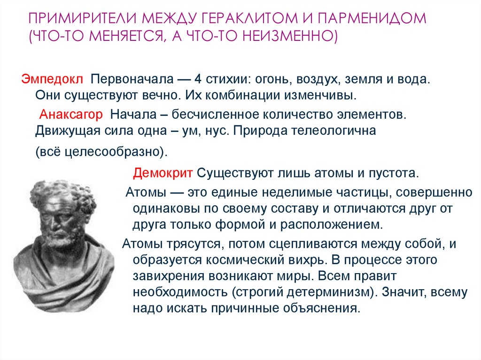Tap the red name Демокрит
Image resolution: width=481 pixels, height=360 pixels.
point(163,173)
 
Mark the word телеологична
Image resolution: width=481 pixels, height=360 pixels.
point(334,132)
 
